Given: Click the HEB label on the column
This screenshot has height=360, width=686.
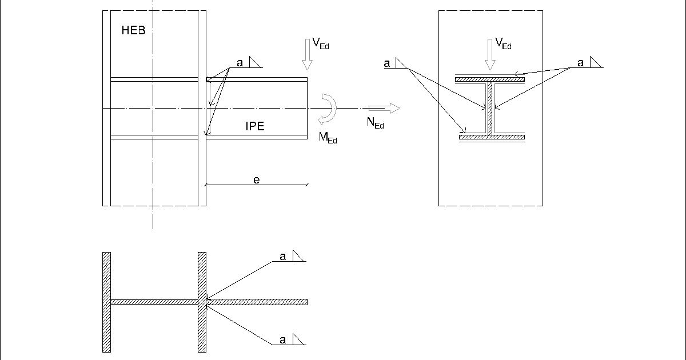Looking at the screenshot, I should point(133,31).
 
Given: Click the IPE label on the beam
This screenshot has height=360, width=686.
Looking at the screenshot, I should point(255,127).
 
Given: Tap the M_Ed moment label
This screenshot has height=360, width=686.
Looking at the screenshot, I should point(328,137).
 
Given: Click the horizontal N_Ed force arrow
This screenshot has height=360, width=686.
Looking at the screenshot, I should point(384,108).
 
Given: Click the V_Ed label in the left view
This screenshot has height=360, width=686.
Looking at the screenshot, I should point(321,43).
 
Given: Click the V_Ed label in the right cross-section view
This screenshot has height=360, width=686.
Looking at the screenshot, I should point(503,43).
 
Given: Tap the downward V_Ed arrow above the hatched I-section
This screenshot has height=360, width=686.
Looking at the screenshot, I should point(490,54).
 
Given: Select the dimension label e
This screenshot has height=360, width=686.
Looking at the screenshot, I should point(257,180).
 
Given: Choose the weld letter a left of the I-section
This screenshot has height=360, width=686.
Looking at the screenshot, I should point(387,64).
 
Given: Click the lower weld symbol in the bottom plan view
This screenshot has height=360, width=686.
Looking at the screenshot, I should point(298,339).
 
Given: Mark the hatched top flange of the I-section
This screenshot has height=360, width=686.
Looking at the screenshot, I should point(490,79).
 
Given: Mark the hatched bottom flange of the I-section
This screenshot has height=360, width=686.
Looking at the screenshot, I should point(492,137).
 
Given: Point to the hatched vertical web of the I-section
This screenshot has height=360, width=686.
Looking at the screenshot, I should point(490,108).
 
